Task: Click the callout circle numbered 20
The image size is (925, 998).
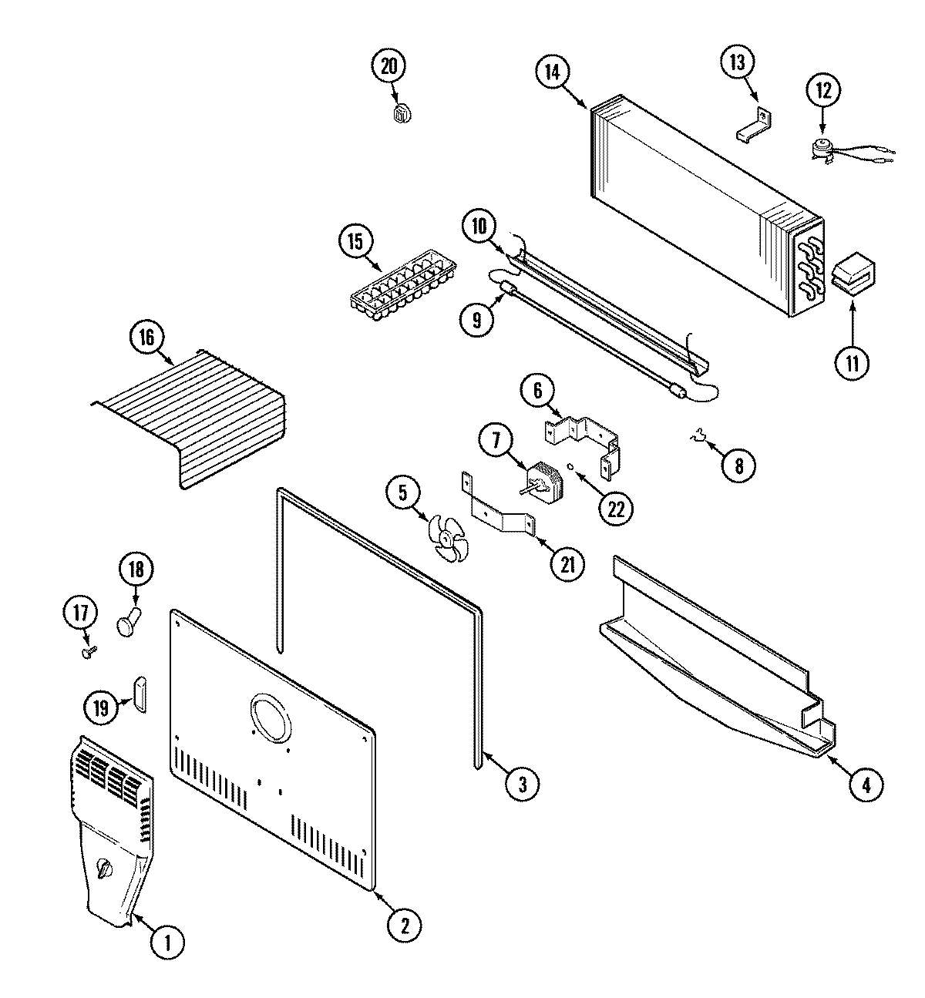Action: pos(388,66)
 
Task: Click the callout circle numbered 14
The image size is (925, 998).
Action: pos(553,72)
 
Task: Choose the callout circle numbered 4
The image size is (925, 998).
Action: pos(866,785)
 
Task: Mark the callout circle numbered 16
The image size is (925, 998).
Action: pos(147,337)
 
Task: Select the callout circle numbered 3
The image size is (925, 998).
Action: pos(522,784)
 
